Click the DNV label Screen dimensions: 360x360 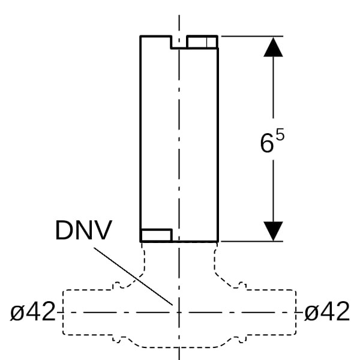pos(83,231)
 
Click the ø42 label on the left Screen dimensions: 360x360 pos(33,312)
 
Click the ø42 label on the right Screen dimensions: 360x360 pos(327,312)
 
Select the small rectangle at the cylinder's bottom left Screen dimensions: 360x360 pos(156,235)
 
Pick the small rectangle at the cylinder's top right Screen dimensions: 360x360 pos(202,42)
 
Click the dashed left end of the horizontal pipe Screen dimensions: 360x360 pos(64,313)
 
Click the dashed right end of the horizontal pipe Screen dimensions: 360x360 pos(296,313)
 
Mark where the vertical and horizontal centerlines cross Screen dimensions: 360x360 pos(179,312)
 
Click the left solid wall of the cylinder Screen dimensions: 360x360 pos(140,138)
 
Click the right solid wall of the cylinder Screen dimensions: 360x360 pos(217,138)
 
